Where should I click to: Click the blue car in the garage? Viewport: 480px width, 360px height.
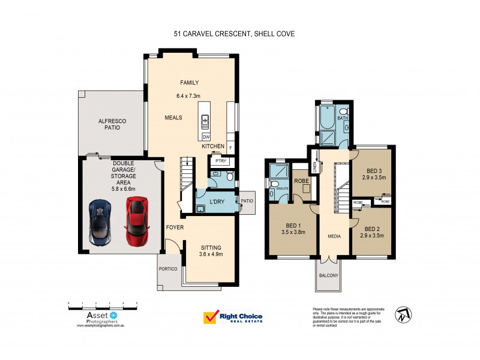tap(100, 220)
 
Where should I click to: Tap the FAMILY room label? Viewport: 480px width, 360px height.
tap(190, 83)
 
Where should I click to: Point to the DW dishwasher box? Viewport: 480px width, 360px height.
tap(206, 137)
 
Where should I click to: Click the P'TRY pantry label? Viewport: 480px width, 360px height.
tap(215, 161)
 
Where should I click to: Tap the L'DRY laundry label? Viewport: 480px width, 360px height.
tap(217, 202)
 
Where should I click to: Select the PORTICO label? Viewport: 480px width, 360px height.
tap(168, 269)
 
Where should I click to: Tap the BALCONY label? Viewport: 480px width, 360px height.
tap(329, 275)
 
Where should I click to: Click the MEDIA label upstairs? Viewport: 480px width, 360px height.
tap(334, 236)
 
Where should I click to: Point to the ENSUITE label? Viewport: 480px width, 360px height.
tap(282, 188)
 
